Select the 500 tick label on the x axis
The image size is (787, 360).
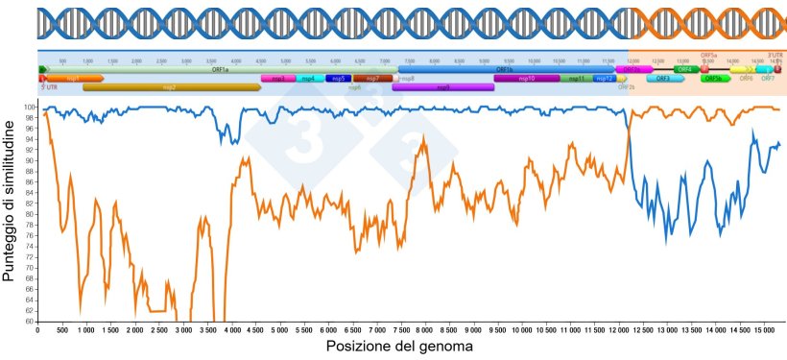click(x=60, y=329)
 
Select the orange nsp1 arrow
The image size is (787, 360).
click(x=73, y=78)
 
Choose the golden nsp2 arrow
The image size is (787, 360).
click(x=171, y=87)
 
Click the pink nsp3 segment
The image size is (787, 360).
click(x=277, y=78)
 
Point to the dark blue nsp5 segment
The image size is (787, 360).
click(x=338, y=78)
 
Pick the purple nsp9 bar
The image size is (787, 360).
click(x=442, y=87)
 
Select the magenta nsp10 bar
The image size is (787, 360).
click(x=526, y=78)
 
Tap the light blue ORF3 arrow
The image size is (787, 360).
click(x=663, y=79)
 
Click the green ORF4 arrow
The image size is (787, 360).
click(x=685, y=69)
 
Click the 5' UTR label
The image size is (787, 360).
click(x=49, y=86)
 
